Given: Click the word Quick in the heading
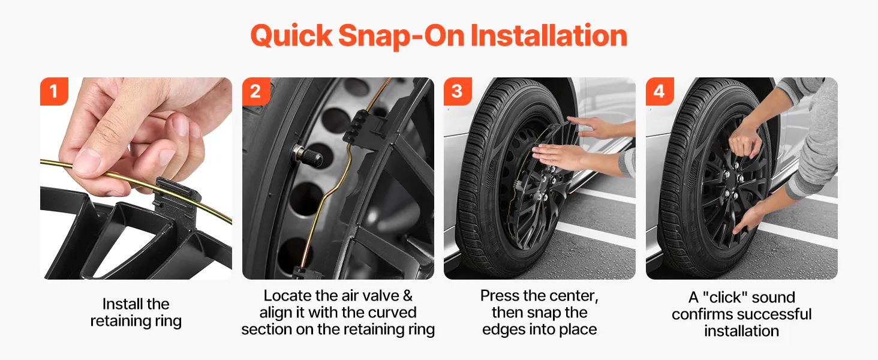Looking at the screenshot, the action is (x=291, y=36).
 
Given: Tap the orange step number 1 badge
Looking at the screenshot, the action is (x=54, y=91).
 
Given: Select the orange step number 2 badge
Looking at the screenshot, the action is (x=256, y=91).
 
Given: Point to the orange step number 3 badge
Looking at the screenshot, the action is (x=458, y=91).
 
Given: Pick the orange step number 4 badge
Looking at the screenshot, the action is (x=660, y=91).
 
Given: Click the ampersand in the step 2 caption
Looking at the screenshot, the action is (x=408, y=296).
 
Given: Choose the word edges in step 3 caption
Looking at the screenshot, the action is (x=503, y=329).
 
